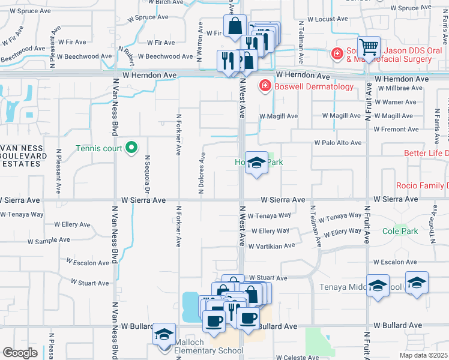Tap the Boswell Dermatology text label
pyautogui.click(x=313, y=87)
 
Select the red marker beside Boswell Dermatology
pyautogui.click(x=264, y=87)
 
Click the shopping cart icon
pyautogui.click(x=369, y=47)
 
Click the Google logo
pyautogui.click(x=20, y=353)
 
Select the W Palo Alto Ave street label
pyautogui.click(x=338, y=143)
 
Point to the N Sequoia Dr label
pyautogui.click(x=146, y=171)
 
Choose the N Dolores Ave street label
pyautogui.click(x=202, y=173)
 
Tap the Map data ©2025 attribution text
pyautogui.click(x=423, y=355)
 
